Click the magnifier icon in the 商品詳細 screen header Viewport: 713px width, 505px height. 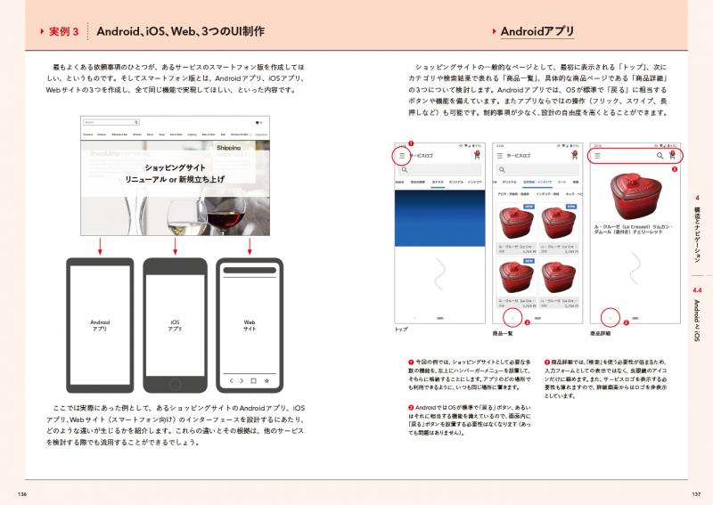click(x=660, y=154)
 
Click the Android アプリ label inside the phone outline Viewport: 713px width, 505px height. click(x=100, y=325)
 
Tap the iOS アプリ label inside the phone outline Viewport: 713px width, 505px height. click(x=175, y=325)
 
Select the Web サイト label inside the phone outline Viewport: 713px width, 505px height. click(x=250, y=325)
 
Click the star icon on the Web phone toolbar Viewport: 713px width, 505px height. click(x=266, y=381)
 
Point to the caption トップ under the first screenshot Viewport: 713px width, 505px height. click(x=400, y=330)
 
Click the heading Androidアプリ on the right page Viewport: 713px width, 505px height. click(x=537, y=32)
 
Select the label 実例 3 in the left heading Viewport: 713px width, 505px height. click(x=61, y=32)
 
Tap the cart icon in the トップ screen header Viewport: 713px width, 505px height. click(x=477, y=154)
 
